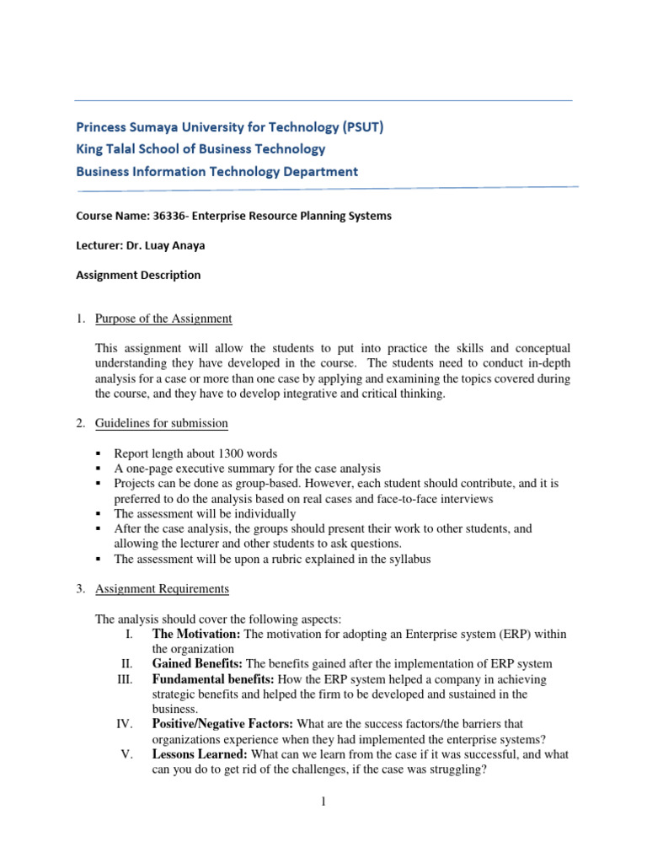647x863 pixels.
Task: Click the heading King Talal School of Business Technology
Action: tap(201, 149)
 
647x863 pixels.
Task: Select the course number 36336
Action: tap(166, 216)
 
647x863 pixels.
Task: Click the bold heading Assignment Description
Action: tap(138, 275)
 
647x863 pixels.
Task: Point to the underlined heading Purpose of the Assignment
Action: tap(163, 319)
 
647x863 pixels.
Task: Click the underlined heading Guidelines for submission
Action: tap(161, 423)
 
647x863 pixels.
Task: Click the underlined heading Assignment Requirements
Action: tap(162, 588)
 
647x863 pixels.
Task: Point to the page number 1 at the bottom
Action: tap(323, 801)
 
